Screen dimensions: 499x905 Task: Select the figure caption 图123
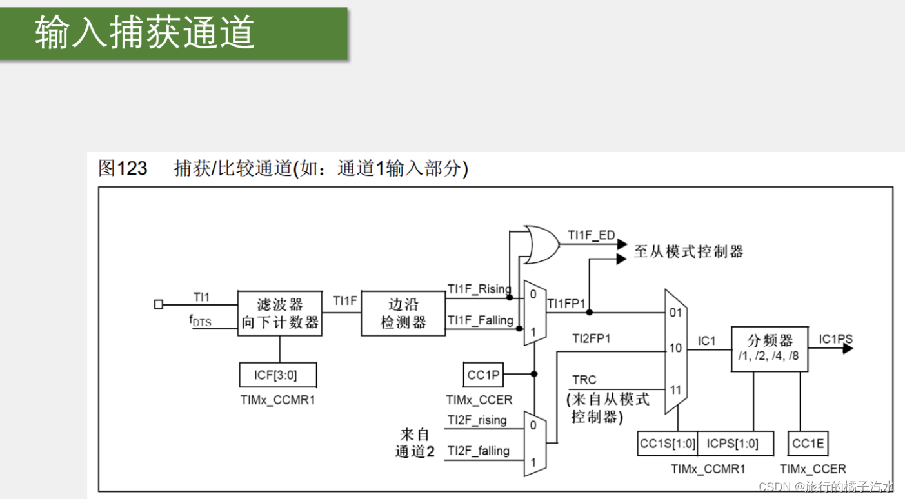[123, 169]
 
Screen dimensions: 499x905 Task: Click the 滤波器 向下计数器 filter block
[280, 313]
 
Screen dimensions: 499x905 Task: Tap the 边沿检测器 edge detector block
[403, 313]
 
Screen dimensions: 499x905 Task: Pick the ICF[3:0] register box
[277, 375]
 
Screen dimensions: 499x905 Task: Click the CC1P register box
[484, 374]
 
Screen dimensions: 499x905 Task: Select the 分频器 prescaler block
[769, 348]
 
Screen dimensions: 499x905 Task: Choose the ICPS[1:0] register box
[732, 444]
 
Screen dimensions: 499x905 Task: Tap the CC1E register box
[808, 444]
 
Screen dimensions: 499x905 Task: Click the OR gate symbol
[541, 244]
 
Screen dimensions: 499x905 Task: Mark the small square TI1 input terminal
[159, 304]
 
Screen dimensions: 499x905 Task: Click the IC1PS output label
[835, 339]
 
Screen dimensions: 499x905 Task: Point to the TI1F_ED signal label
[591, 235]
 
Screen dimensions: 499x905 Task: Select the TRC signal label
[584, 380]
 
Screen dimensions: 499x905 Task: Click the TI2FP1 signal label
[591, 338]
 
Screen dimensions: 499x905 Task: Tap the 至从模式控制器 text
[688, 251]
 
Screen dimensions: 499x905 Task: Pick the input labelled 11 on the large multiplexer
[675, 389]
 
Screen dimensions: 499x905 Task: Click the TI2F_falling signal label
[478, 451]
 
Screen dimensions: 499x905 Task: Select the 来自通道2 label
[415, 443]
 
